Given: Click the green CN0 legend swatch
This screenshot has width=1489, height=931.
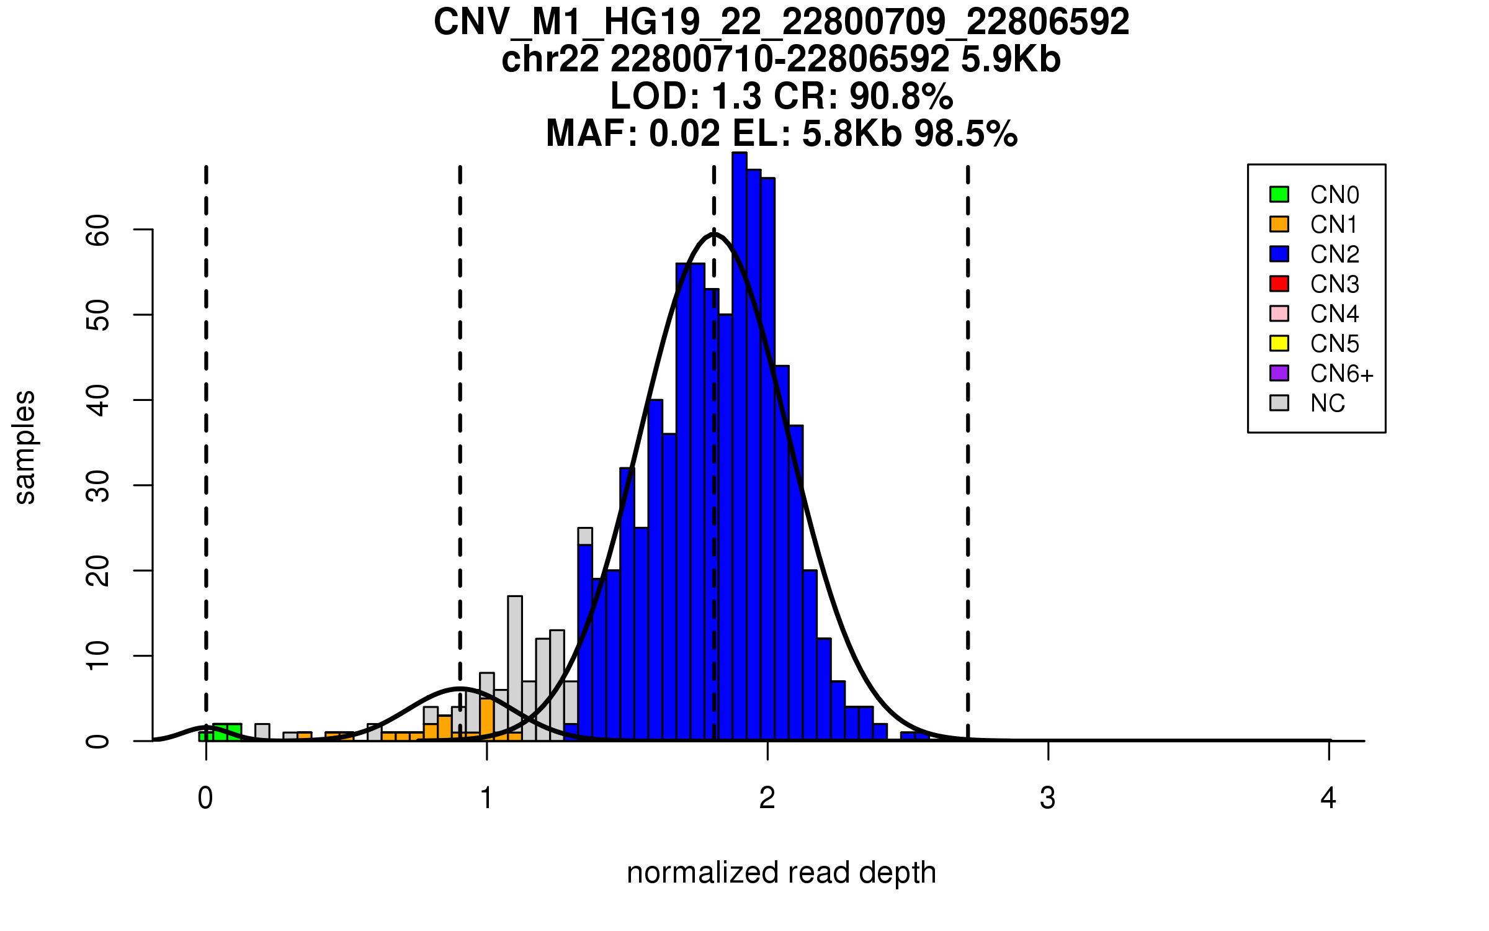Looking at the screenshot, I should coord(1279,194).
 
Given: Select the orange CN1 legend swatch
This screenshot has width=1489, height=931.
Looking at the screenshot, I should coord(1279,224).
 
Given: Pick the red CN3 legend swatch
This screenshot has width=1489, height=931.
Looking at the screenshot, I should coord(1279,284).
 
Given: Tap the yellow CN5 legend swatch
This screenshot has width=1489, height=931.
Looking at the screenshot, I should coord(1279,343).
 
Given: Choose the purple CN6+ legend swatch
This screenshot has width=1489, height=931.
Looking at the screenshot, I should coord(1279,373).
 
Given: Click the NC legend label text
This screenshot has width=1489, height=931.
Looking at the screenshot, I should coord(1328,403).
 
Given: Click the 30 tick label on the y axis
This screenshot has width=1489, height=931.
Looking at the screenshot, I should coord(98,485).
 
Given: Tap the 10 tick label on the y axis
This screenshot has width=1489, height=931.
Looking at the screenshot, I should coord(98,655).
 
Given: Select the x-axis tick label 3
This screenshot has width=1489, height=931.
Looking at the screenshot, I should coord(1048,798).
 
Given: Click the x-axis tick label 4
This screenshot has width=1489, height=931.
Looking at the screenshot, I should coord(1328,798).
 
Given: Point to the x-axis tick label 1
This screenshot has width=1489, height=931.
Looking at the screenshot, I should coord(486,798).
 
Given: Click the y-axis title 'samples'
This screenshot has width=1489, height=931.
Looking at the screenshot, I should coord(25,447).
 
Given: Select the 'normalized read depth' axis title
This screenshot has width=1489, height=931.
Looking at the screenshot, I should coord(781,873).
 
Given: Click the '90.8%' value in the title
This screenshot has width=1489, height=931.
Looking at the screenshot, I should coord(901,96).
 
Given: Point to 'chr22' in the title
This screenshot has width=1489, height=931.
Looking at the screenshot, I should coord(550,60).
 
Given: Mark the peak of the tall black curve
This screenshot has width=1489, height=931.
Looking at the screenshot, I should coord(714,233).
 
